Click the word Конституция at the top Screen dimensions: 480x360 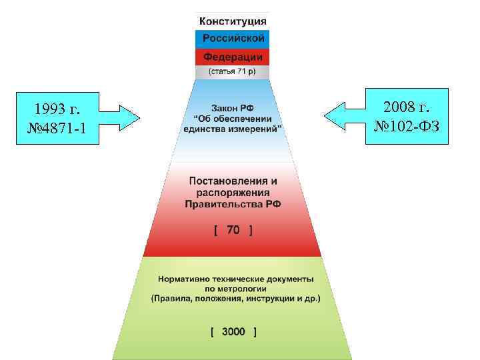[x=233, y=21]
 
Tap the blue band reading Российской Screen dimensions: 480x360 [x=233, y=38]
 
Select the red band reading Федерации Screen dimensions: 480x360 [x=233, y=56]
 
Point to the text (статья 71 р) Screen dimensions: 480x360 [x=233, y=71]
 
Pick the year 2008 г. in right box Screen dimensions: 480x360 [x=407, y=106]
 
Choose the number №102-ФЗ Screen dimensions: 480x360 [x=407, y=126]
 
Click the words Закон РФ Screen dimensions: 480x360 [x=233, y=108]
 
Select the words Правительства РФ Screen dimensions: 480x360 [x=233, y=204]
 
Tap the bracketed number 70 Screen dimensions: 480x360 [x=233, y=230]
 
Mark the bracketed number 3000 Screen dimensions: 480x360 [x=233, y=331]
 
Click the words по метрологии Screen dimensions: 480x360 [x=235, y=289]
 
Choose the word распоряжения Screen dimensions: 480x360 [x=233, y=193]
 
